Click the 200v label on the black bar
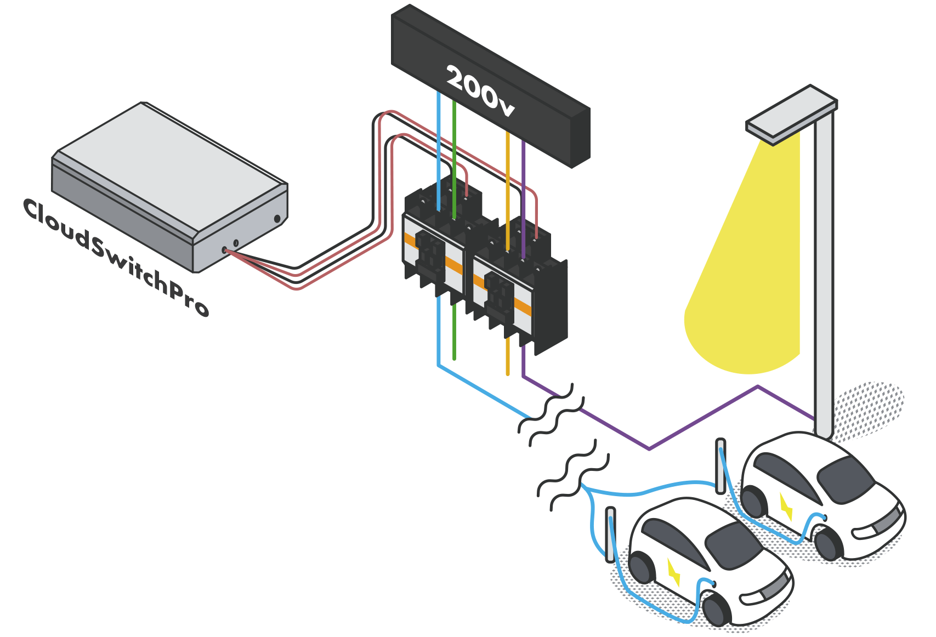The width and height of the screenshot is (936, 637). click(480, 91)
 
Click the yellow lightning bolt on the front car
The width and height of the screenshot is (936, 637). click(673, 572)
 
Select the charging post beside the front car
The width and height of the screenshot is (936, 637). click(610, 534)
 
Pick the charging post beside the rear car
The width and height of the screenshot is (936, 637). click(720, 466)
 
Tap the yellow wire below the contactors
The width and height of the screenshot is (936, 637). click(508, 356)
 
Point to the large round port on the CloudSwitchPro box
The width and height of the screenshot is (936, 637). click(277, 219)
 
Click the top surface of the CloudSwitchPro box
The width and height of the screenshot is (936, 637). click(170, 164)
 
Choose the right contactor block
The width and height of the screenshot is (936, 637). click(518, 285)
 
